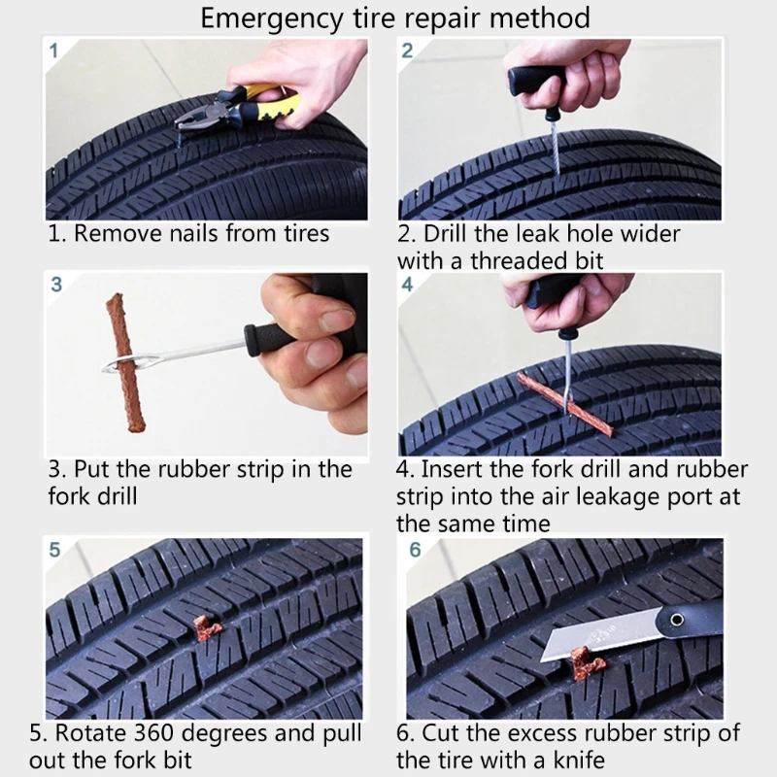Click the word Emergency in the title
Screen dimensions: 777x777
[272, 18]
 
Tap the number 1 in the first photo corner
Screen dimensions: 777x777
[53, 51]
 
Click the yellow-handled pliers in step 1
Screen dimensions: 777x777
[239, 108]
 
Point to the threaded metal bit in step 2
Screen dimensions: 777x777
[554, 148]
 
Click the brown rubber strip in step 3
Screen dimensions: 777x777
[125, 362]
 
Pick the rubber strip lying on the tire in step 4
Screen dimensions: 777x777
[565, 404]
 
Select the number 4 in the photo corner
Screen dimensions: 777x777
[407, 285]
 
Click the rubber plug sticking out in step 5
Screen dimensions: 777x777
[206, 627]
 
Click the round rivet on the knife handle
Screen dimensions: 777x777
[677, 620]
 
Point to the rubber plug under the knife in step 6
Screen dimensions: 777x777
[587, 662]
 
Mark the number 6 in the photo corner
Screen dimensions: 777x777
[415, 550]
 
